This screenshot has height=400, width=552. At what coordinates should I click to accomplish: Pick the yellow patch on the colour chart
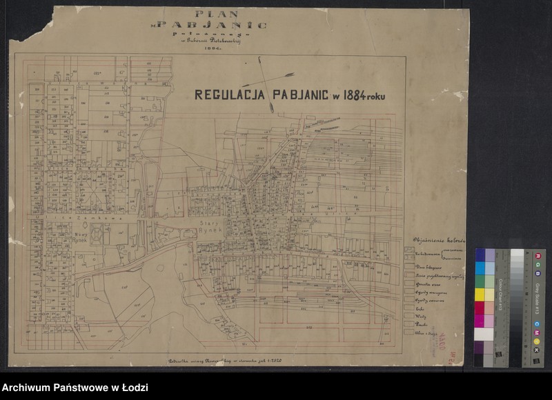(x=480, y=294)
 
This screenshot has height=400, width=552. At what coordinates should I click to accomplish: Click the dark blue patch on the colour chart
(x=480, y=255)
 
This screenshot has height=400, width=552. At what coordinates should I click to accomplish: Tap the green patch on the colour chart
(x=480, y=281)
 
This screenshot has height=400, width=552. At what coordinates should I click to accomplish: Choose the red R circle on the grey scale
(x=536, y=255)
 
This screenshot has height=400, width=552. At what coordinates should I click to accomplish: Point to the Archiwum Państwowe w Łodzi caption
(x=75, y=388)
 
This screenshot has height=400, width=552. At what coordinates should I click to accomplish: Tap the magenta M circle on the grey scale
(x=536, y=334)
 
